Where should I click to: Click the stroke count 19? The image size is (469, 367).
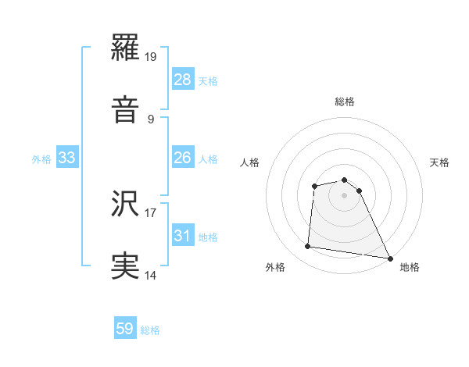coord(152,56)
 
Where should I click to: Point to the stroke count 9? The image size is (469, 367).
coord(151,119)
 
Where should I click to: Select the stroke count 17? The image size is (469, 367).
coord(151,212)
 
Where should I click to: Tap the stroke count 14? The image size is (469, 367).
coord(151,276)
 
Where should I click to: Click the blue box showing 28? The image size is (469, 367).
coord(182,80)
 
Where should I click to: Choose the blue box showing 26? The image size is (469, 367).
coord(182,159)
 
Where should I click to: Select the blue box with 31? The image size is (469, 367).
coord(182,237)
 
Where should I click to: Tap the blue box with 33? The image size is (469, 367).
coord(66,159)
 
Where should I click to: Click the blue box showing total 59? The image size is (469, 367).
coord(125,330)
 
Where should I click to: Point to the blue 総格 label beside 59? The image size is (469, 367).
coord(150,330)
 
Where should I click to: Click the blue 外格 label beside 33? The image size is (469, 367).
coord(41,159)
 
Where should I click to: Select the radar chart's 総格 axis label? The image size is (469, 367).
coord(345,102)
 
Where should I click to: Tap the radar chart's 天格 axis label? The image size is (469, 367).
coord(440,162)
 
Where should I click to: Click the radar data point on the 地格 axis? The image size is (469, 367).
coord(391,258)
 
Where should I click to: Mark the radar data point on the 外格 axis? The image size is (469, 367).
coord(308,247)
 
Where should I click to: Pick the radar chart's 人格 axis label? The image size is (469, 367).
coord(250,162)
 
